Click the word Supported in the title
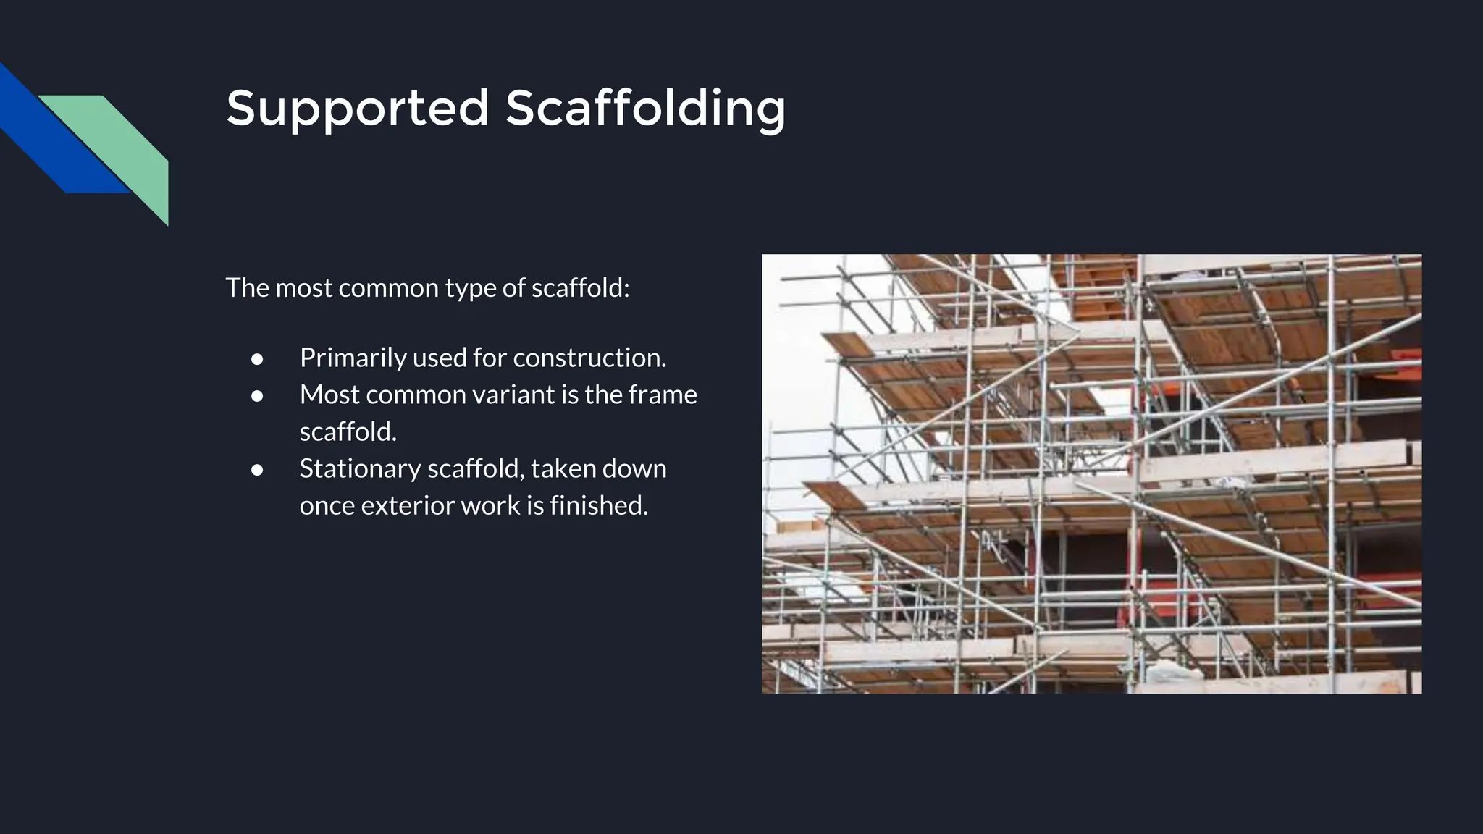click(x=358, y=109)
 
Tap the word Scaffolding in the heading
click(x=645, y=109)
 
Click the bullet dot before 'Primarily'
click(x=256, y=358)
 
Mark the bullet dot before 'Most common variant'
click(x=256, y=395)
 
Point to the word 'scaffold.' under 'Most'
click(x=348, y=431)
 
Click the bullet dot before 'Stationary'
click(x=256, y=469)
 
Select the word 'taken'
click(x=563, y=468)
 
